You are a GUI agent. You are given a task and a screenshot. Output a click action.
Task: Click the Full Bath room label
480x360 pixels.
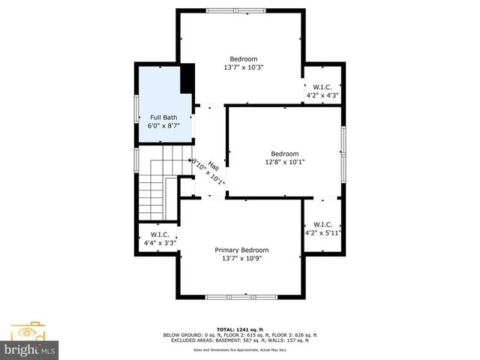[x=163, y=117]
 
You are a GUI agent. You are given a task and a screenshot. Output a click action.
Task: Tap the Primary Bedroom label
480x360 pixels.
[x=241, y=250]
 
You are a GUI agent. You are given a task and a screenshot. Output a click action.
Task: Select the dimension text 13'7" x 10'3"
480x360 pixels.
[x=244, y=67]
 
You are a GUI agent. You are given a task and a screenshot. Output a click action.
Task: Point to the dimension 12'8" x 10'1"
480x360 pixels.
[x=284, y=162]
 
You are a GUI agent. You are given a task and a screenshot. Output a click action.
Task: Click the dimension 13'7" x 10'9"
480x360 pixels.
[x=241, y=259]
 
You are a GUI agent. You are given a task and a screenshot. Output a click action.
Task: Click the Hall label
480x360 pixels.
[x=213, y=166]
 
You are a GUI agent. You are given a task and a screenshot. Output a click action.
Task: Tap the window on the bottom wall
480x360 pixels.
[x=241, y=298]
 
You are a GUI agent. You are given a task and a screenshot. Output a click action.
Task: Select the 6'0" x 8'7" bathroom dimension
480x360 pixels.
[x=163, y=126]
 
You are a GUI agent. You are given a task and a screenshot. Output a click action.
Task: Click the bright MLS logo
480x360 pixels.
[x=30, y=349]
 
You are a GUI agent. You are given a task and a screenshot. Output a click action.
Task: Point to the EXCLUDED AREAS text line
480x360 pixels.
[x=240, y=340]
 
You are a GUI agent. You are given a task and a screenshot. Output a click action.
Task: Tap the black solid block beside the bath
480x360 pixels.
[x=187, y=77]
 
